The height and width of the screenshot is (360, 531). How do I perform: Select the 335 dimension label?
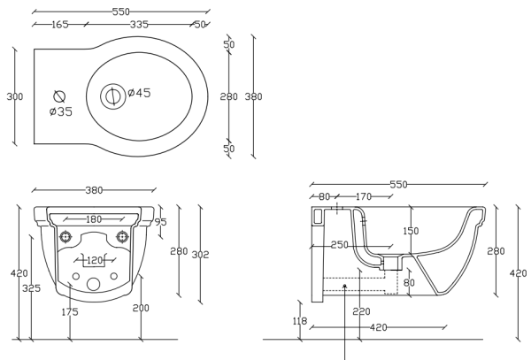coord(139,25)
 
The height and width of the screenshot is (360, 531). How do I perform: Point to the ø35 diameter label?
coord(61,111)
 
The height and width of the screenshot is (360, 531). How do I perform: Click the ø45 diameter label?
coord(138,93)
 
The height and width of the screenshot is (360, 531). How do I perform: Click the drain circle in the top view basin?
coord(113,96)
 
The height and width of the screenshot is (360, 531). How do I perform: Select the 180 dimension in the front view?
coord(94,219)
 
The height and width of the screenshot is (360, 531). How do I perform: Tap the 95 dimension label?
coord(160,222)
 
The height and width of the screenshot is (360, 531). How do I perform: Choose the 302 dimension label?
coord(201,255)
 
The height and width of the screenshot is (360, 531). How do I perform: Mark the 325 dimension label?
coord(31,288)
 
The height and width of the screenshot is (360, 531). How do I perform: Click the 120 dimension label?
coord(96,261)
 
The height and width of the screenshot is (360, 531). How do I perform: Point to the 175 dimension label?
coord(71,312)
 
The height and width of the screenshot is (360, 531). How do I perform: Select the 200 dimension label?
coord(140,307)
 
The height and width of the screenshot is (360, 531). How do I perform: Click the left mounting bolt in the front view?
coord(65,237)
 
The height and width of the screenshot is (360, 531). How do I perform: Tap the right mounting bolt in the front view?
coord(124,237)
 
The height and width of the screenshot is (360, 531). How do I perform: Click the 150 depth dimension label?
coord(410,232)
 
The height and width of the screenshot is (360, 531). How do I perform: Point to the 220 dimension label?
coord(360,311)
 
